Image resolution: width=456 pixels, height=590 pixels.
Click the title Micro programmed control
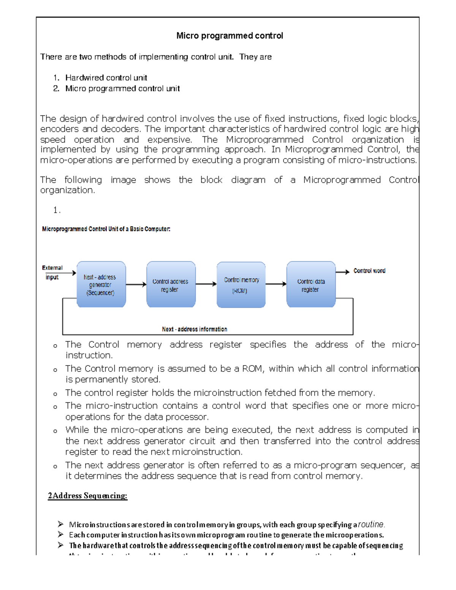point(230,36)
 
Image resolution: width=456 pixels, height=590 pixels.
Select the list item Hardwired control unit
point(106,78)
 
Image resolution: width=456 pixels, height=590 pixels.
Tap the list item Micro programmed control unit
point(122,89)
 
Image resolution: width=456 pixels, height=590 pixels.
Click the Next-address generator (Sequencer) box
point(101,284)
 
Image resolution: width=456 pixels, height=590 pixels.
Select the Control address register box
point(171,284)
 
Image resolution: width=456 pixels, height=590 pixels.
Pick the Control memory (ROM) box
point(241,285)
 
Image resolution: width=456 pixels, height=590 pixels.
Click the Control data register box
point(311,284)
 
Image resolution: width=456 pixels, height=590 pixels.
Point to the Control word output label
point(369,271)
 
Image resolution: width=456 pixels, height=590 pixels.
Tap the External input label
point(52,272)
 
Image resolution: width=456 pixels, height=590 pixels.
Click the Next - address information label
point(195,329)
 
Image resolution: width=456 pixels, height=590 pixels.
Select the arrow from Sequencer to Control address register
point(136,284)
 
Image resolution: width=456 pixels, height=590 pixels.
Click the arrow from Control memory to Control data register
point(276,284)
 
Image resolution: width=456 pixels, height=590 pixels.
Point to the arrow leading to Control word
point(342,272)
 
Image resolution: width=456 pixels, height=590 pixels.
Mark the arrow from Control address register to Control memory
point(206,284)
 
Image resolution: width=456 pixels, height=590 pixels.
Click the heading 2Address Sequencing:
point(87,496)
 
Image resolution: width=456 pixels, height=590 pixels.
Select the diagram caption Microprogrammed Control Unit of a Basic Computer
point(106,229)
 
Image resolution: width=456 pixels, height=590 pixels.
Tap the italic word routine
point(371,525)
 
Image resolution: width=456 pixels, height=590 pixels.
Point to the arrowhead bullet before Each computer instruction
point(60,535)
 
